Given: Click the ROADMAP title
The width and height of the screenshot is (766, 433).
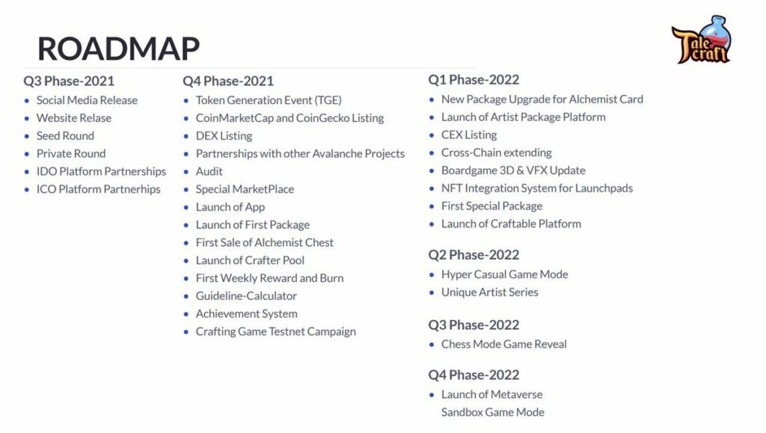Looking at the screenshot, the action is [x=118, y=49].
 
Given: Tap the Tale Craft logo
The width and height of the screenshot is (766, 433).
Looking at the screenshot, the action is [x=702, y=40].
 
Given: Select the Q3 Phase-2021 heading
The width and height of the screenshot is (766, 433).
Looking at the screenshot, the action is [x=69, y=81].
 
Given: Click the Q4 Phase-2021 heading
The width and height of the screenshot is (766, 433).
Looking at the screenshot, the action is [x=228, y=81].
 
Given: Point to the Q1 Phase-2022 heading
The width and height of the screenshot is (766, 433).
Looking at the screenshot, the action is [x=474, y=79].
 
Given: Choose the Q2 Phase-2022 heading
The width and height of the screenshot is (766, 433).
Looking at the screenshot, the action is [x=474, y=255].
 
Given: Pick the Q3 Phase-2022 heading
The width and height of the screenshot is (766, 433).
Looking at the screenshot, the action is [x=474, y=325].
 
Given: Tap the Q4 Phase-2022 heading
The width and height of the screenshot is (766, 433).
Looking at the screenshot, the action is [x=474, y=375].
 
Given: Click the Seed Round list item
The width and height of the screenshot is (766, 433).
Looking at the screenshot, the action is [x=66, y=135].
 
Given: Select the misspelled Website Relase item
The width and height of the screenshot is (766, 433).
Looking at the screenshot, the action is [x=74, y=118].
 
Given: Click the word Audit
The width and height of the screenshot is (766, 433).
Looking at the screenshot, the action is [x=209, y=171].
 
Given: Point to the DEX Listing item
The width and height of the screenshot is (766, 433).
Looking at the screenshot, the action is [x=224, y=135].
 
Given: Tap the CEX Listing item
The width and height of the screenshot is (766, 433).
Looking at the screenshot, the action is [x=469, y=135].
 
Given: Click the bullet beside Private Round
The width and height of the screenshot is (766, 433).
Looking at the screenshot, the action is [x=27, y=154].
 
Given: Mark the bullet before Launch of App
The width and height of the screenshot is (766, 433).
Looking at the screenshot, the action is [x=186, y=207].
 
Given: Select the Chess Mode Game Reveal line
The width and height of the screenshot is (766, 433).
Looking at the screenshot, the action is [x=504, y=344].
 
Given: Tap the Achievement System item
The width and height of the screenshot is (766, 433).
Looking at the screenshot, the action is [x=247, y=314].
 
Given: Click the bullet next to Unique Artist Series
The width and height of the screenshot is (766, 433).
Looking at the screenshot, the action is [x=432, y=292].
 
